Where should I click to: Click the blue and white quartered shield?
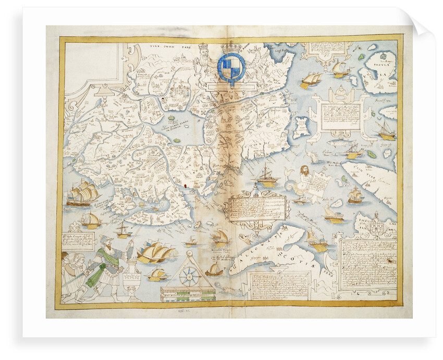pos(231,67)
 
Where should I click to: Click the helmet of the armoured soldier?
pos(104,242)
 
